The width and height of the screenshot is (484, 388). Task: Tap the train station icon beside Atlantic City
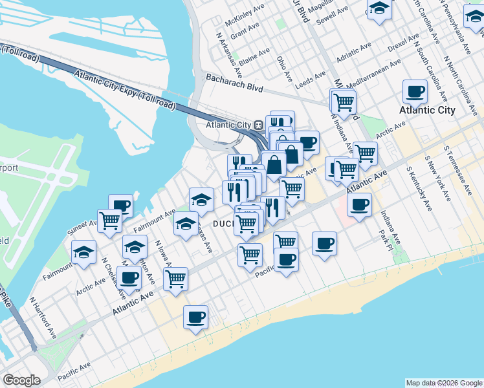[x=258, y=125]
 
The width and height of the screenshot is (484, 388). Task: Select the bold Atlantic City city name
[x=427, y=110]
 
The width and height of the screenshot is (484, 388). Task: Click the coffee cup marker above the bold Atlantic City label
[x=414, y=91]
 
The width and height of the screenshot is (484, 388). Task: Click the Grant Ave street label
[x=244, y=30]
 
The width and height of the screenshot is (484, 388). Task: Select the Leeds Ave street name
[x=311, y=80]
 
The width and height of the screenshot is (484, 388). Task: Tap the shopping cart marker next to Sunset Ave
[x=109, y=221]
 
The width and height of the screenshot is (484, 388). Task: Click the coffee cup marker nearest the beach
[x=195, y=317]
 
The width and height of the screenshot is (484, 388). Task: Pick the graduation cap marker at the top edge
[x=379, y=9]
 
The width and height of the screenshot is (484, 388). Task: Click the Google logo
[x=22, y=380]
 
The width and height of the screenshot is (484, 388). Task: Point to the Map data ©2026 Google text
[x=443, y=383]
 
